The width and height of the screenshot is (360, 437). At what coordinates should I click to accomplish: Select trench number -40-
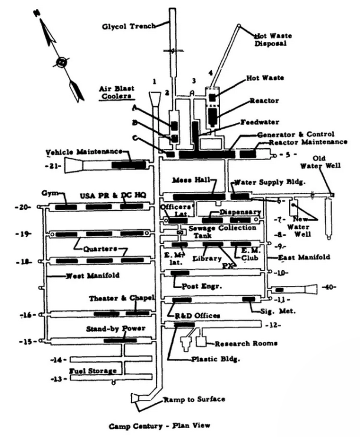coord(330,288)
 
